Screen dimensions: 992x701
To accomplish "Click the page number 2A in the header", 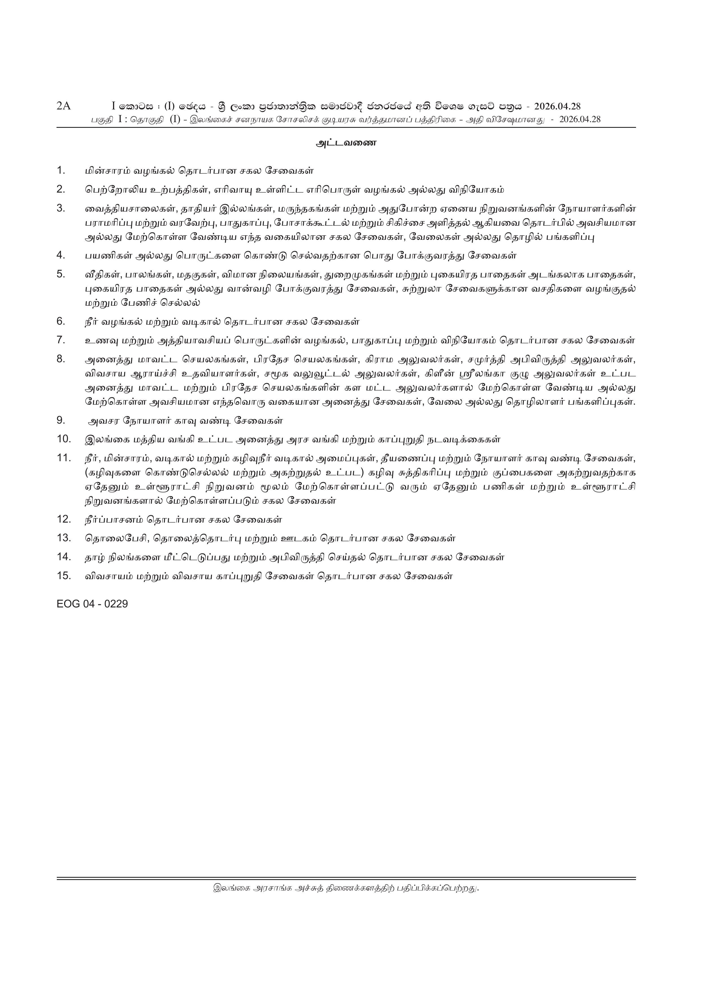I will point(64,106).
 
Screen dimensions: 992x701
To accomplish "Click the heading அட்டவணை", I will point(346,143).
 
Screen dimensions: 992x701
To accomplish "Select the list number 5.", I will point(61,274).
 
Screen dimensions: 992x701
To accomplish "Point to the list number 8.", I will point(61,359).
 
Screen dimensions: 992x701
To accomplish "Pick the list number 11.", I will point(64,458).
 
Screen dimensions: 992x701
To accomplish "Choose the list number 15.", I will point(64,575).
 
